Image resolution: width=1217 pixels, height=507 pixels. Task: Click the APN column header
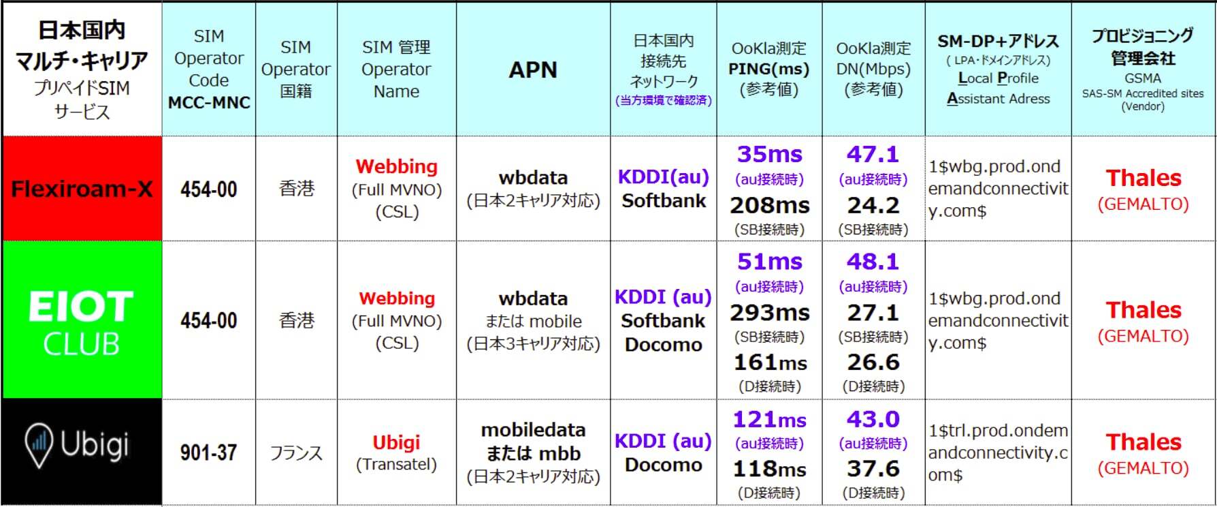(533, 70)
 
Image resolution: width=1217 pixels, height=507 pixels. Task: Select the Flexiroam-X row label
(82, 189)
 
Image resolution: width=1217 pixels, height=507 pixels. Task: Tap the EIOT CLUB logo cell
(82, 320)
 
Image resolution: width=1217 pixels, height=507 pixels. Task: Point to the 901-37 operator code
(208, 452)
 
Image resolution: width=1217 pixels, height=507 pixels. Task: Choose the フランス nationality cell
(296, 452)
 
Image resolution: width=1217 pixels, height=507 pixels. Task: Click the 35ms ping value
(770, 154)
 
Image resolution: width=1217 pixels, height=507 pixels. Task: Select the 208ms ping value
(770, 205)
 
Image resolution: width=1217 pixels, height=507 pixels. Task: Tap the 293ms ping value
(770, 312)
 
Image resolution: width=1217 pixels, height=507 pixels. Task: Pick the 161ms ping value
(770, 362)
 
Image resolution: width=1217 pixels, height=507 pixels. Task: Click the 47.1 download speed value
(873, 154)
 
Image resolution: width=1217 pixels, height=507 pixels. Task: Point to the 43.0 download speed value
(873, 418)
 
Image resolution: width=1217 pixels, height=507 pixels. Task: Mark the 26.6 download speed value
(873, 362)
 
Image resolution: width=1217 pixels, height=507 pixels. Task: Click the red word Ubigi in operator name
(396, 443)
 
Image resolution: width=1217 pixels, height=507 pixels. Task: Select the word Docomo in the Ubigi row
(664, 465)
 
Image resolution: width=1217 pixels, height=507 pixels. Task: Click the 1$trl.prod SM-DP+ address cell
(999, 452)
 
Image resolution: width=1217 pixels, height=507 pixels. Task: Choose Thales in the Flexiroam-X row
(1143, 178)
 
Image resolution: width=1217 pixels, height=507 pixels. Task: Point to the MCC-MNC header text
(209, 102)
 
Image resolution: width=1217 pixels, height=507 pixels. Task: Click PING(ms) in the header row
(769, 69)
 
